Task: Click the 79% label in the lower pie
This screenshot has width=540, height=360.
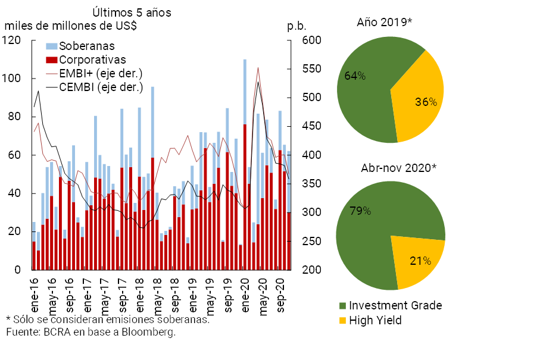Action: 360,211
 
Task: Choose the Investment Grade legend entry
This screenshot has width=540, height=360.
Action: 395,305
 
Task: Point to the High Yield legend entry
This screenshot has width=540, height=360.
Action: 375,321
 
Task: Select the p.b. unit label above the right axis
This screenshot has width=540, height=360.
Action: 296,26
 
